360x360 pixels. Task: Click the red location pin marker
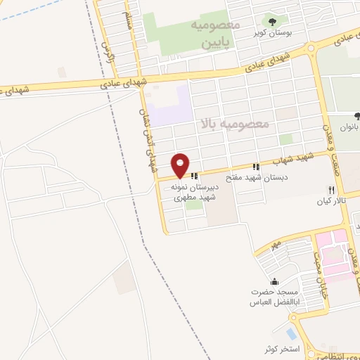pyautogui.click(x=181, y=165)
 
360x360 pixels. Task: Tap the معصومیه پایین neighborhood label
pyautogui.click(x=215, y=34)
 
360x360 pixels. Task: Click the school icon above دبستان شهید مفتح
pyautogui.click(x=257, y=167)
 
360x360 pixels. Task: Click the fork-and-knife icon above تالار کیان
pyautogui.click(x=330, y=190)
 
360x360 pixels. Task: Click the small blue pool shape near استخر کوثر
pyautogui.click(x=291, y=333)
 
